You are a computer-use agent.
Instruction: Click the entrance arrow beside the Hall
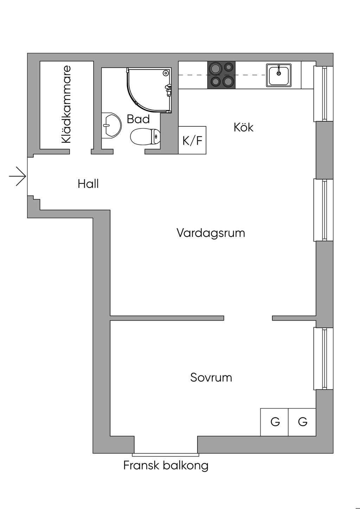click(18, 176)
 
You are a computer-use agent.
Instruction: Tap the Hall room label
click(88, 184)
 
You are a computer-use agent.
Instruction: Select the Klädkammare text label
click(66, 104)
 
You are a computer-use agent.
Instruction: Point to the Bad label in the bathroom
click(138, 119)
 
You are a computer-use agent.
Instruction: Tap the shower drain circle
click(166, 73)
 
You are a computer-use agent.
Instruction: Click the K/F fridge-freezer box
click(192, 140)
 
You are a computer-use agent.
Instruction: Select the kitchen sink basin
click(279, 75)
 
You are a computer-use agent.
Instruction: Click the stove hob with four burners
click(221, 75)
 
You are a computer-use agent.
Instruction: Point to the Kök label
click(243, 127)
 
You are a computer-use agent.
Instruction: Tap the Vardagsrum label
click(211, 233)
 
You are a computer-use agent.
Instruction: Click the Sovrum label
click(211, 378)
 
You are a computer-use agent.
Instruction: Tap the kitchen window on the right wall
click(323, 94)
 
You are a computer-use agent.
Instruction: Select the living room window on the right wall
click(323, 210)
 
